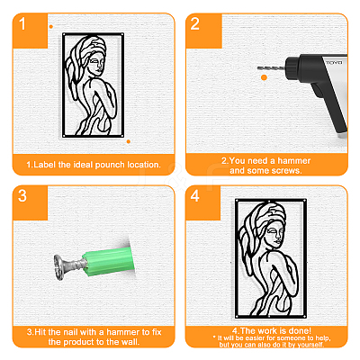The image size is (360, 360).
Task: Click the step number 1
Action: [22, 24]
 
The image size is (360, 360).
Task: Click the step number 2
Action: [195, 24]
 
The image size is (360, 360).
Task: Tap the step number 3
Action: [22, 196]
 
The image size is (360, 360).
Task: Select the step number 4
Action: [195, 196]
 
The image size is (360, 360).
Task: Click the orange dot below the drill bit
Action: [264, 77]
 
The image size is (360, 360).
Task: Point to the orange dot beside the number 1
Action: [51, 27]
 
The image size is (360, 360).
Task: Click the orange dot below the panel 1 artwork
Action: [129, 141]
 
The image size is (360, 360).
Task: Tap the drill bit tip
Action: [258, 68]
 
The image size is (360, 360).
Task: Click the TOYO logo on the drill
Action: [334, 63]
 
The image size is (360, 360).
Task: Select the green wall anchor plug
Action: [109, 259]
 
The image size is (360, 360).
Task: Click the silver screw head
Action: [58, 267]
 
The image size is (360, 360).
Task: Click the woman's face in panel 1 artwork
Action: [97, 64]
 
